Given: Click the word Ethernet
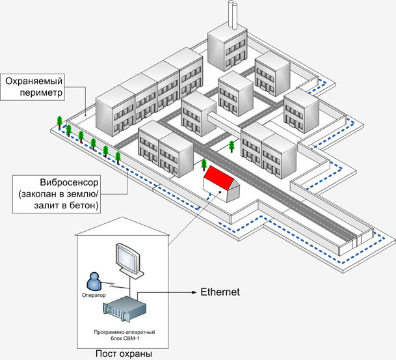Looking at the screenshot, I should click(219, 292).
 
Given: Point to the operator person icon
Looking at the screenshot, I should click(94, 281).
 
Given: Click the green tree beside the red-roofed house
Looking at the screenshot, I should click(204, 165).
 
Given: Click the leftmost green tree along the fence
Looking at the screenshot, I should click(59, 120).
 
